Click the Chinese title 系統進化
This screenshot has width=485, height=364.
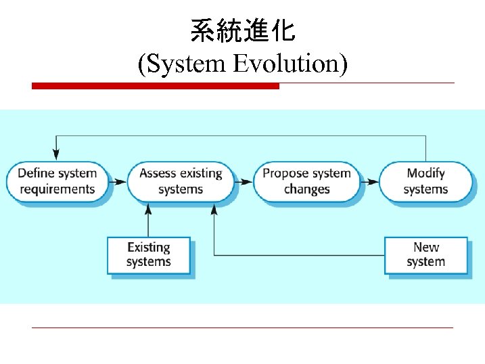242,31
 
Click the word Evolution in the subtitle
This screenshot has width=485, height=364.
290,64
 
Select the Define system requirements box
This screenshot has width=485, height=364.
57,181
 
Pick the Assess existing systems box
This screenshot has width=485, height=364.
181,181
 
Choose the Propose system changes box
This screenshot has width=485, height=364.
306,181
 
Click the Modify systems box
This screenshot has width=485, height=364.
425,181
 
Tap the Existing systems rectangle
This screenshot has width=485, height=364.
148,254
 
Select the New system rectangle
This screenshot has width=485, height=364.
425,254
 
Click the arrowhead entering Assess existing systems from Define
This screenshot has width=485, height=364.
122,181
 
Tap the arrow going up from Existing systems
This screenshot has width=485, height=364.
148,220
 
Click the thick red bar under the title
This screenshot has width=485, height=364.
156,86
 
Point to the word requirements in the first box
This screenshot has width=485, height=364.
57,189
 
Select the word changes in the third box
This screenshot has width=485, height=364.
306,189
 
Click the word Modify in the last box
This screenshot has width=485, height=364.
425,173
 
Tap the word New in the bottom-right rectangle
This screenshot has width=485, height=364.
425,248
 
